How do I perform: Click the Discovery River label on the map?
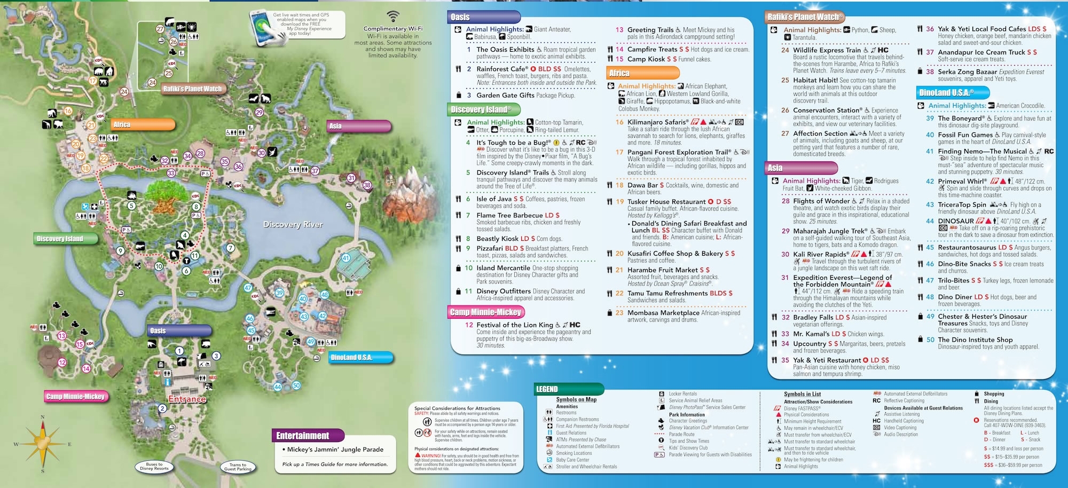(293, 225)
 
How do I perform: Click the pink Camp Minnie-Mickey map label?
(76, 397)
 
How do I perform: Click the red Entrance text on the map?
(187, 399)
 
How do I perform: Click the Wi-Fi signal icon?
(393, 16)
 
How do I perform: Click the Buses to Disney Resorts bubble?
(154, 467)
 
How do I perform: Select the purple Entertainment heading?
(303, 436)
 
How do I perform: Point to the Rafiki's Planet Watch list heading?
(804, 17)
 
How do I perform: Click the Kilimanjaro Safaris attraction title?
(657, 122)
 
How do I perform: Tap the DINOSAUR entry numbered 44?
(956, 221)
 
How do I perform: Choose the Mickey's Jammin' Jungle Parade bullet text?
(335, 450)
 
